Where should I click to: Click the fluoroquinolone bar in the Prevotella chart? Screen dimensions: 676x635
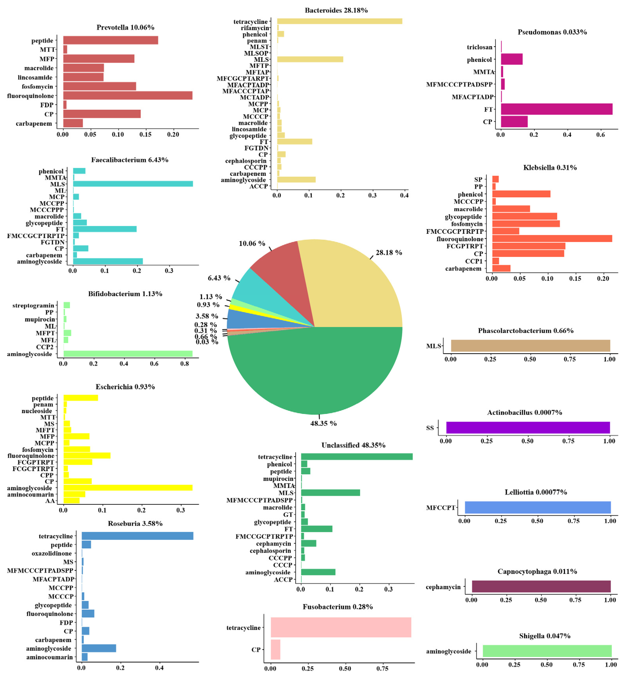128,96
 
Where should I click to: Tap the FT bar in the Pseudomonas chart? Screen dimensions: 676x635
556,109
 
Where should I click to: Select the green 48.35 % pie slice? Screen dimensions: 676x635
315,374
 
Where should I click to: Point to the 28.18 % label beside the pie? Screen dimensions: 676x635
388,252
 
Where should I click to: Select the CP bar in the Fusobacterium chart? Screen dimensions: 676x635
275,649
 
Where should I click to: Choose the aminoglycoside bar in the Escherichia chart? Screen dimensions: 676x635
128,488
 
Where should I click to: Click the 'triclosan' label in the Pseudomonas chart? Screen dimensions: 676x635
479,47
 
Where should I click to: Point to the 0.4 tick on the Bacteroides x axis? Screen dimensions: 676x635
404,195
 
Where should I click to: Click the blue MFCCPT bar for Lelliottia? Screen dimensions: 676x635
537,507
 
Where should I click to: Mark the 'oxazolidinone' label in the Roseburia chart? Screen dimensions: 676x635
52,553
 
